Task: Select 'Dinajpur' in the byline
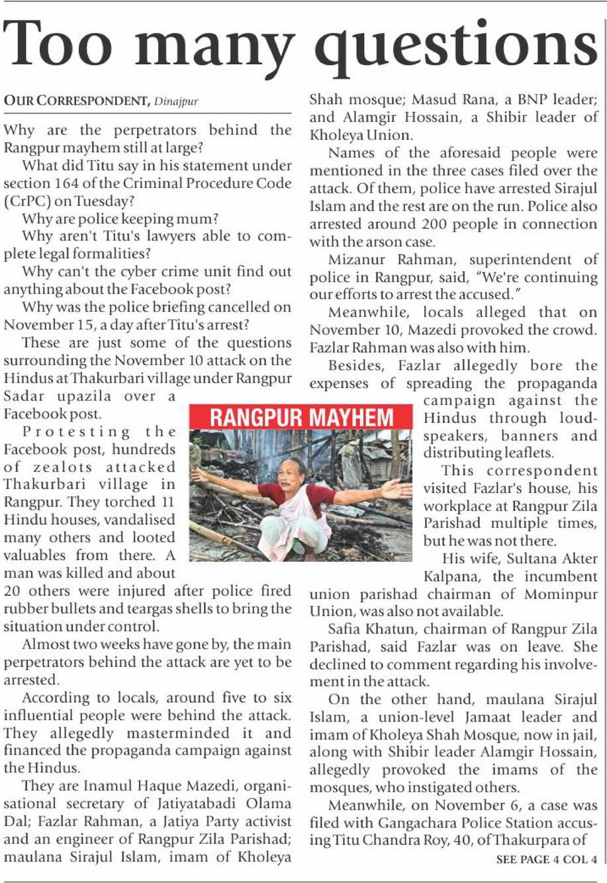[x=176, y=101]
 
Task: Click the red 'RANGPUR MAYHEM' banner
[x=301, y=418]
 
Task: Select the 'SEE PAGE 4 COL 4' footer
[x=546, y=859]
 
